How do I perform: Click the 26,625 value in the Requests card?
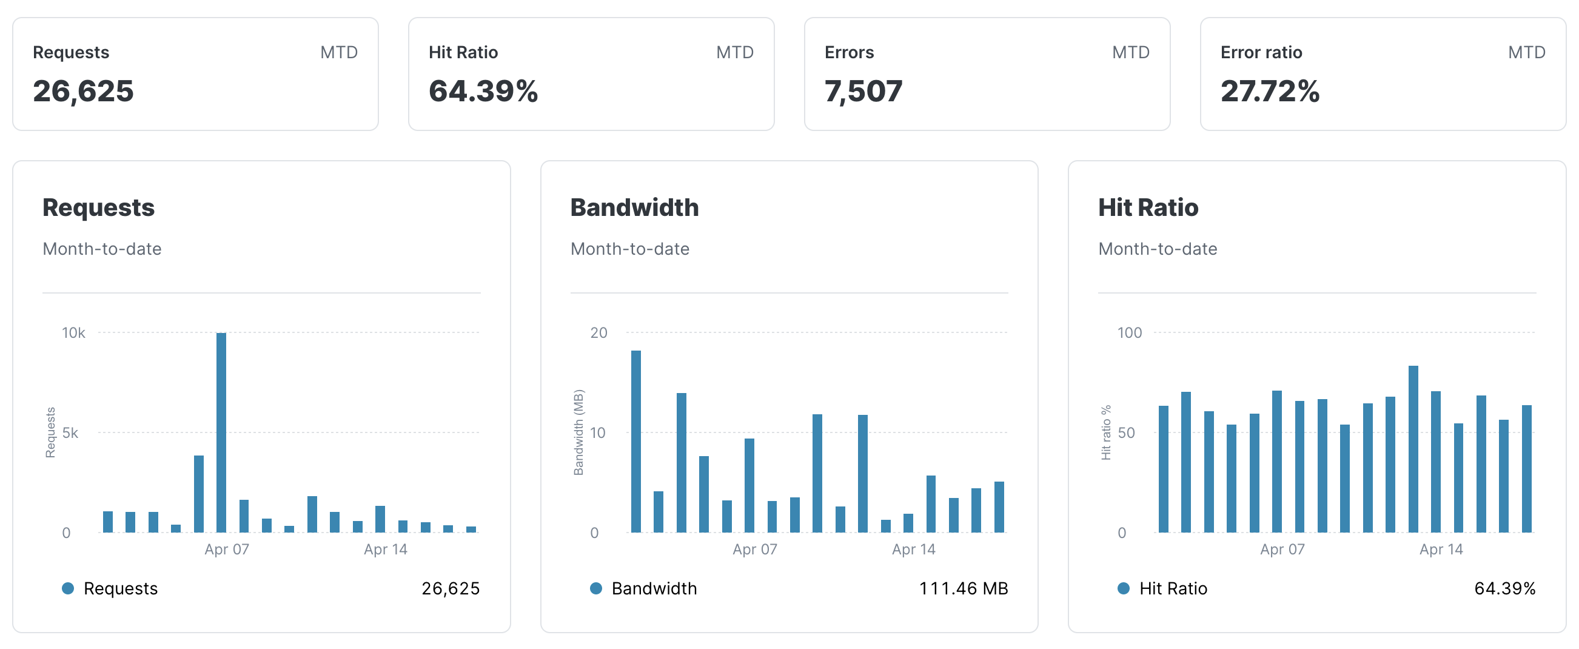coord(82,92)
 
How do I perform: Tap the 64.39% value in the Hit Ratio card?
coord(483,92)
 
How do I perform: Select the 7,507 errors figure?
coord(863,92)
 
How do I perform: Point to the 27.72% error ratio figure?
coord(1270,92)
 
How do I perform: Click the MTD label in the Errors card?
coord(1130,53)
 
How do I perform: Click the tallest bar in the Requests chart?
coord(221,432)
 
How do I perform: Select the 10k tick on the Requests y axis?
coord(73,333)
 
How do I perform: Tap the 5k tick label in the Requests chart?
coord(70,433)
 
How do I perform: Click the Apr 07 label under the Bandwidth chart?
coord(754,550)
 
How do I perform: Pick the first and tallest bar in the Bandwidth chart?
coord(636,442)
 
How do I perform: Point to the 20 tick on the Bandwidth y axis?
coord(598,333)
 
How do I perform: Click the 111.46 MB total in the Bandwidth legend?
coord(963,589)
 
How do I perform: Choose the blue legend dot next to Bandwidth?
coord(596,589)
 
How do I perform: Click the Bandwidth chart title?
coord(634,207)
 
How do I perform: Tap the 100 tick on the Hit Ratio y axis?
coord(1129,333)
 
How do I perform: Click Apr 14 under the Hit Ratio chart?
coord(1441,550)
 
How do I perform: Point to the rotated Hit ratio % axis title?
coord(1106,433)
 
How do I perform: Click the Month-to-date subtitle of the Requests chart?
coord(102,249)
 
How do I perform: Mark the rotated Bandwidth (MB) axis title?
coord(578,433)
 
